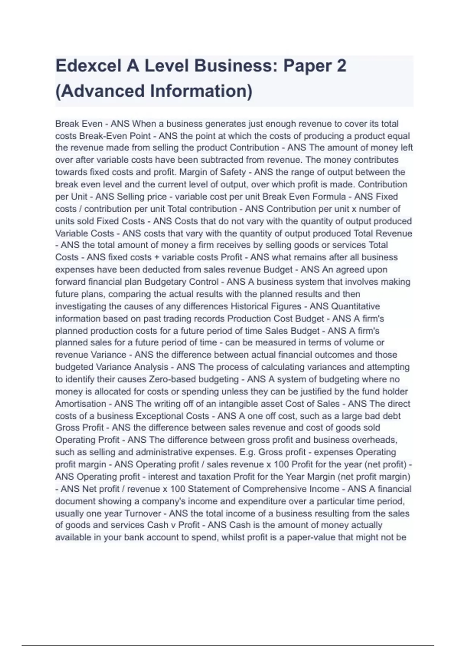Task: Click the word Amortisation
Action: [81, 404]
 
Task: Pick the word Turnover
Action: [143, 513]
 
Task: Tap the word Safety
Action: [233, 172]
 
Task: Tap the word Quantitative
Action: [355, 306]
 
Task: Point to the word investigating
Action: [81, 306]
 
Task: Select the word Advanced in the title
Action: [101, 91]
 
